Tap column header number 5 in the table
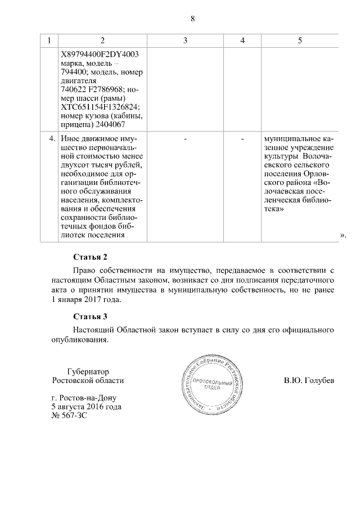(x=299, y=40)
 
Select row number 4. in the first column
(x=52, y=138)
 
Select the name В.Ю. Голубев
(x=309, y=381)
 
